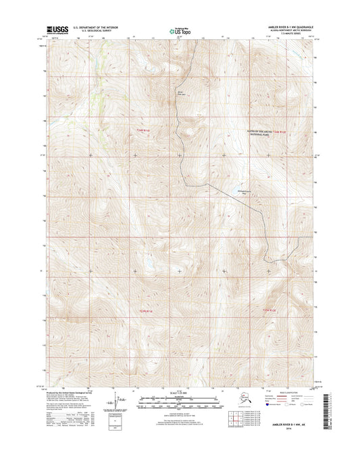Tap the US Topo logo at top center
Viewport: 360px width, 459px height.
pos(179,30)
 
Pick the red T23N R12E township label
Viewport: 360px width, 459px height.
pos(269,310)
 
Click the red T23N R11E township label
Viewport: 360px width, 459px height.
pos(138,310)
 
